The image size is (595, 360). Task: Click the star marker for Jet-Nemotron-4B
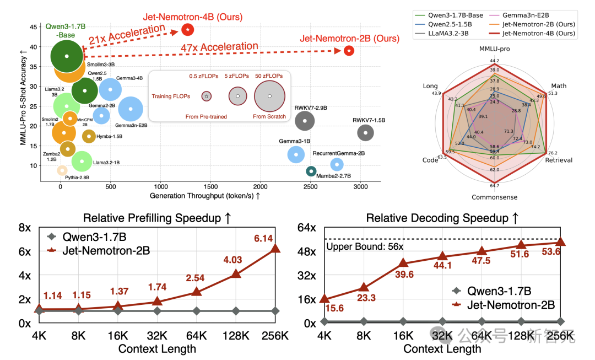pyautogui.click(x=188, y=29)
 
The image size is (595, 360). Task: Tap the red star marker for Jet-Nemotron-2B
pyautogui.click(x=349, y=51)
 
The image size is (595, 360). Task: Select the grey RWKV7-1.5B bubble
pyautogui.click(x=365, y=132)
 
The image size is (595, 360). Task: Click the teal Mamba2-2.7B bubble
pyautogui.click(x=311, y=171)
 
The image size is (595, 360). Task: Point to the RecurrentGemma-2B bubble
pyautogui.click(x=337, y=164)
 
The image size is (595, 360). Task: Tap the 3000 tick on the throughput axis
pyautogui.click(x=360, y=187)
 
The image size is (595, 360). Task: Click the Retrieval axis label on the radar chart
pyautogui.click(x=559, y=160)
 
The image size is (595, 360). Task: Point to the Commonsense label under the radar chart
pyautogui.click(x=494, y=197)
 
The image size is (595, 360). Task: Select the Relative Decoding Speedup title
pyautogui.click(x=442, y=218)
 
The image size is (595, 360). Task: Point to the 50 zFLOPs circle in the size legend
pyautogui.click(x=269, y=96)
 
